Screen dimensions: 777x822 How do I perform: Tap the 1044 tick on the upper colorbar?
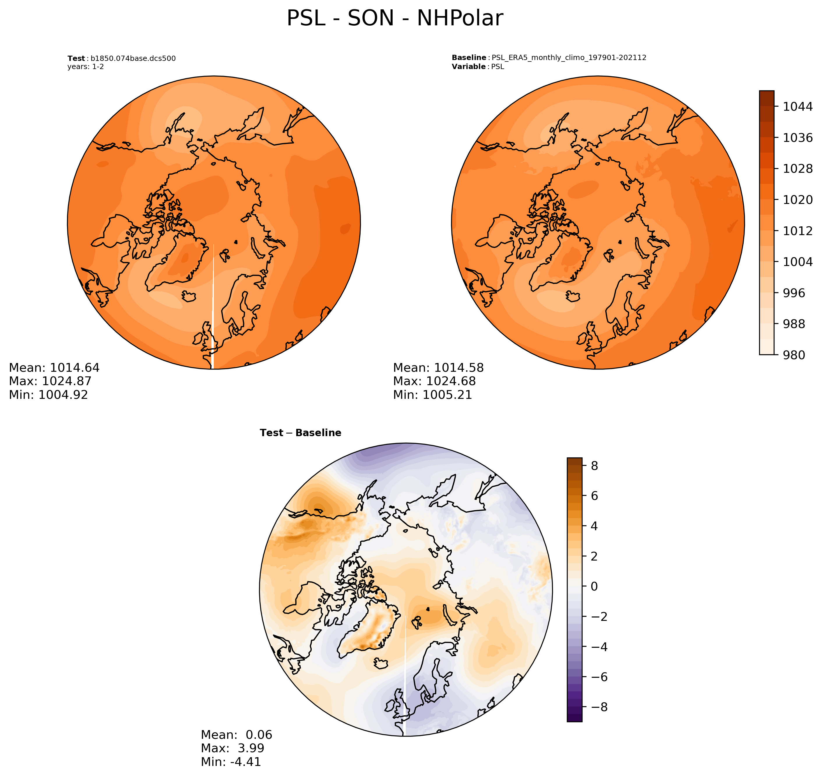798,106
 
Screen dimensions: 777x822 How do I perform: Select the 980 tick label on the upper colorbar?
794,355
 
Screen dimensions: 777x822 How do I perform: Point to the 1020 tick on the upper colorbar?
798,200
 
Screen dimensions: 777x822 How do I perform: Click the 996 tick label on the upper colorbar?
794,293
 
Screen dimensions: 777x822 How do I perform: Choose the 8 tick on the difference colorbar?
594,466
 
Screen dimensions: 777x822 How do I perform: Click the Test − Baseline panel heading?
300,433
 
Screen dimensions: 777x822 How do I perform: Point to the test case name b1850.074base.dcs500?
133,58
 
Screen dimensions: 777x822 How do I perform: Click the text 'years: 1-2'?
86,67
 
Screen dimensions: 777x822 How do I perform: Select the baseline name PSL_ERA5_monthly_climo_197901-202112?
569,58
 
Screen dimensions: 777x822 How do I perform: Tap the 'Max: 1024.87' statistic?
50,381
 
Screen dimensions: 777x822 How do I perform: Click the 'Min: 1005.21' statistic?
432,395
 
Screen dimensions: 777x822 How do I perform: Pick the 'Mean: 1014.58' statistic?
438,368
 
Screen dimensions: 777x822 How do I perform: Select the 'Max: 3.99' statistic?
232,748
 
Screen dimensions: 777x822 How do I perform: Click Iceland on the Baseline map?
573,296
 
